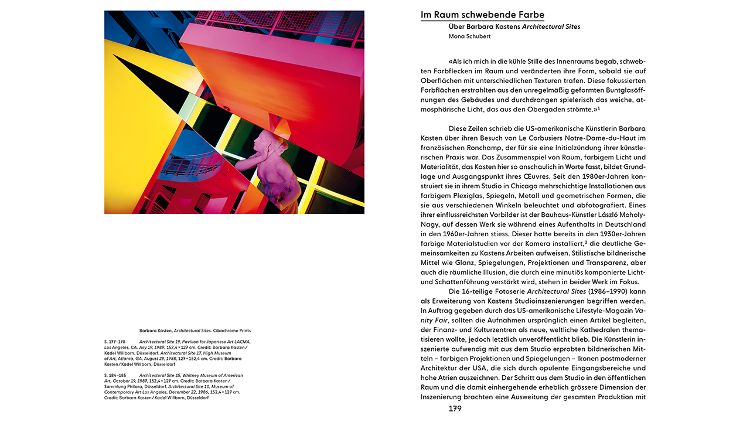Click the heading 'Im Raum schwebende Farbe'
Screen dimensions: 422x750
[x=482, y=15]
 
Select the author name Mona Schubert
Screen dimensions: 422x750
[x=469, y=36]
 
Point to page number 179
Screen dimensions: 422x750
[x=455, y=409]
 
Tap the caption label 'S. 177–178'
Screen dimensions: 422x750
[x=115, y=341]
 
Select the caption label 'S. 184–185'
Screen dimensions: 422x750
[x=115, y=375]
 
